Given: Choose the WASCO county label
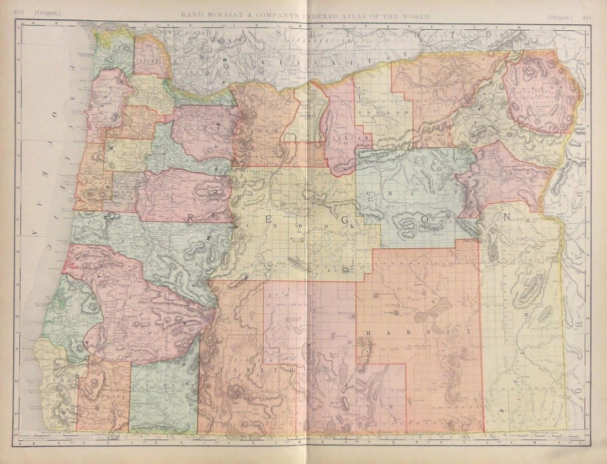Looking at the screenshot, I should (257, 127).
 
